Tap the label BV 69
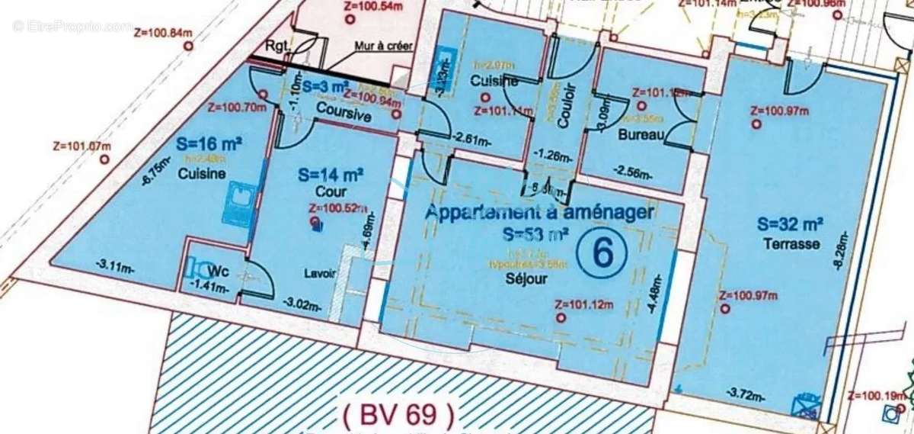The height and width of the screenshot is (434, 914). pyautogui.click(x=398, y=415)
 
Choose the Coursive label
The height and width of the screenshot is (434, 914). pyautogui.click(x=344, y=117)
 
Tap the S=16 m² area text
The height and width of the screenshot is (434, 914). pyautogui.click(x=209, y=143)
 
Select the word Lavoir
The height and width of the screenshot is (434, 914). pyautogui.click(x=319, y=275)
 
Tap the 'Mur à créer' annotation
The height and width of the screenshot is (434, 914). pyautogui.click(x=384, y=46)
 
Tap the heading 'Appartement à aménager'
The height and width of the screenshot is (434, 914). pyautogui.click(x=539, y=213)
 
